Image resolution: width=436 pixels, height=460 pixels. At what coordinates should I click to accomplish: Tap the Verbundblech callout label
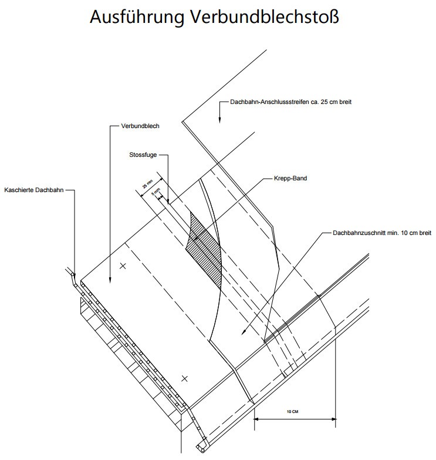point(140,126)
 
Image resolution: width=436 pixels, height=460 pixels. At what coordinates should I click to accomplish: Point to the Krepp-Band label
point(290,178)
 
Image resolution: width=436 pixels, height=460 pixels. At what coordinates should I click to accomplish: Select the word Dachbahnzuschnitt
point(356,233)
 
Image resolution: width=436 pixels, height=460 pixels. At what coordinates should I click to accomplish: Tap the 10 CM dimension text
point(293,412)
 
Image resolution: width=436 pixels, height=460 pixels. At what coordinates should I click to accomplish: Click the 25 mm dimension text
point(147,186)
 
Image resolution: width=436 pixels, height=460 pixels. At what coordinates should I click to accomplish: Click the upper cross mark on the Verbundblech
point(123,266)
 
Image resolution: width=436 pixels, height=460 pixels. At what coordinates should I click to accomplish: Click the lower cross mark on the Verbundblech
point(184,378)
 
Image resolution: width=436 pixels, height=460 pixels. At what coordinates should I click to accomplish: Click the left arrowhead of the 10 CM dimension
point(257,418)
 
